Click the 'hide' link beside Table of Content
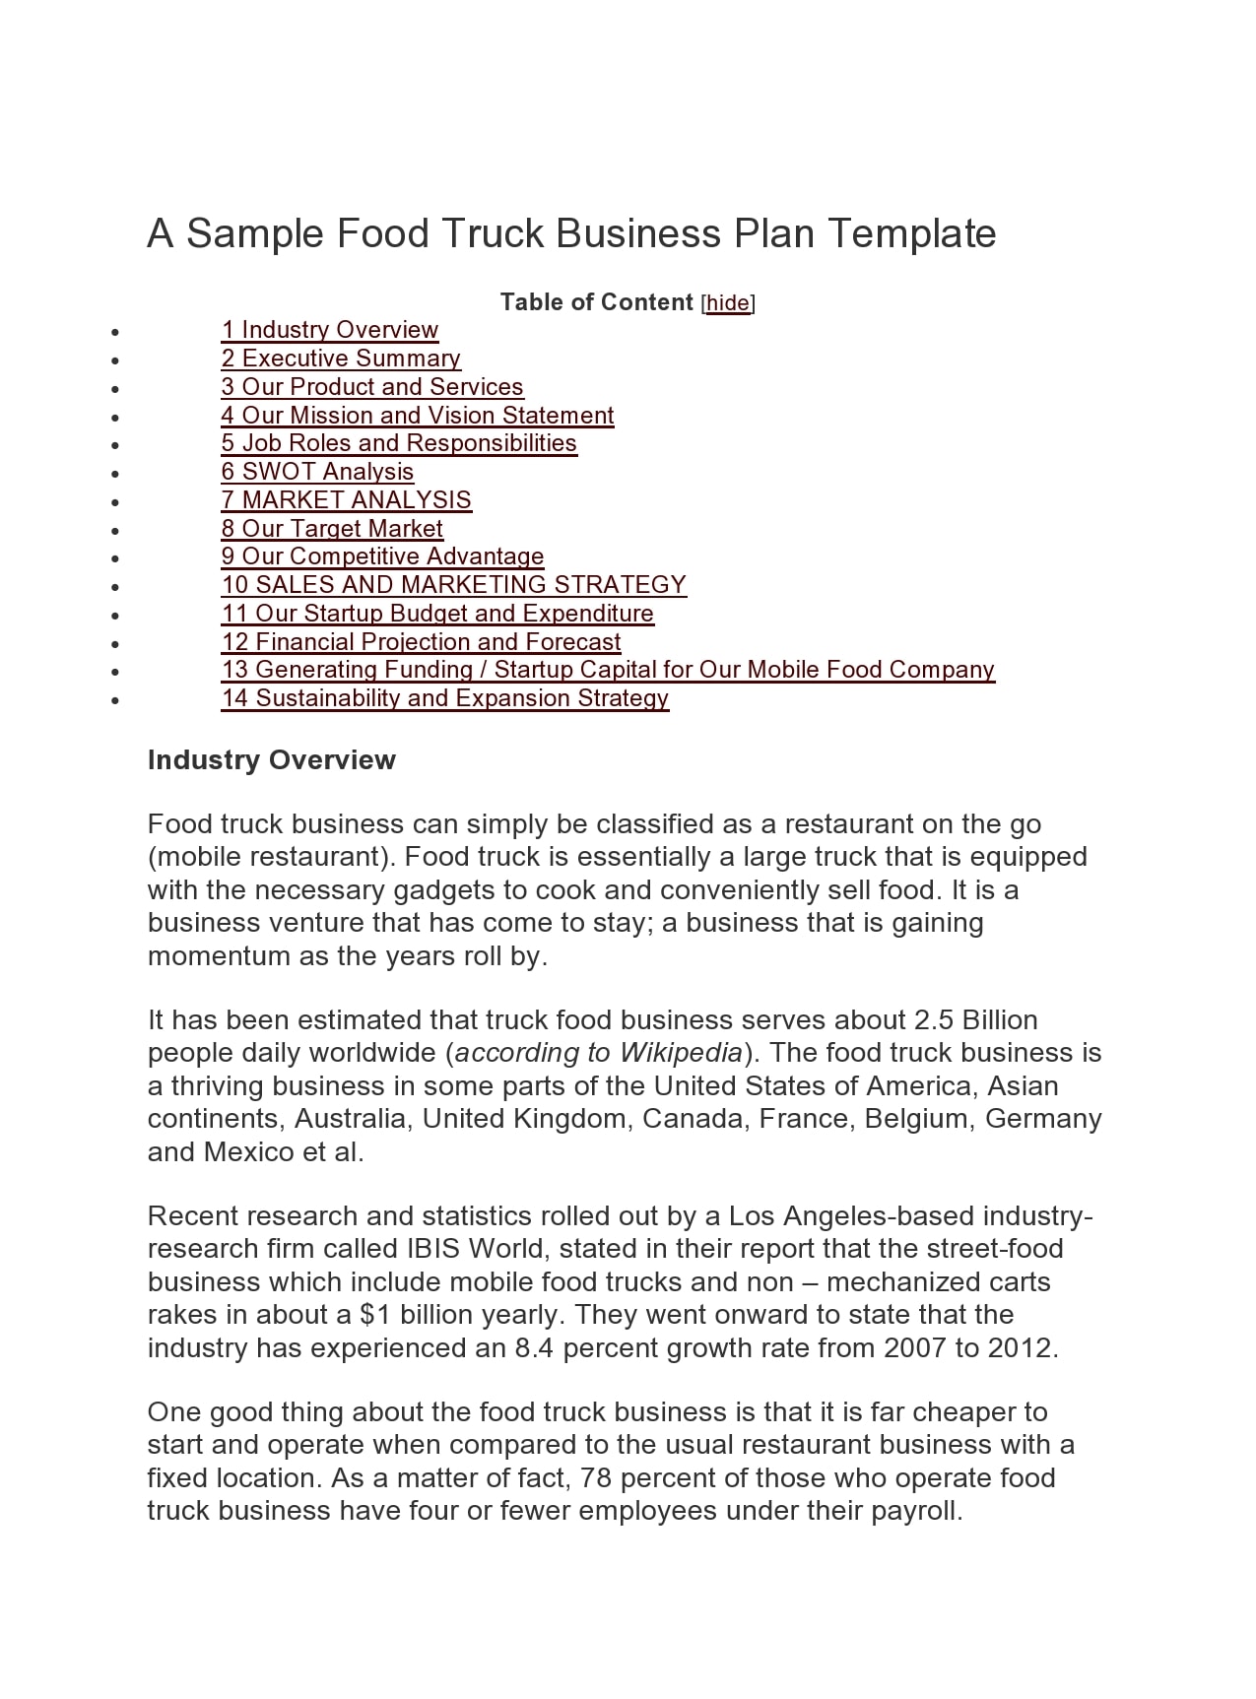[728, 303]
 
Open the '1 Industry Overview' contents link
[330, 330]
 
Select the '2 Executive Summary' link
[341, 359]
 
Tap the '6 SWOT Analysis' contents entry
[317, 472]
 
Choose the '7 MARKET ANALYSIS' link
[346, 500]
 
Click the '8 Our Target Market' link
[332, 529]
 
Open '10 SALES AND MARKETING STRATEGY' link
[453, 585]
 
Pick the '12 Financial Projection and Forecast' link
[421, 642]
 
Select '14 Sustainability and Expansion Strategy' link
[444, 698]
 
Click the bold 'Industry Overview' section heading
[271, 760]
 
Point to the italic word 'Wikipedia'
[681, 1053]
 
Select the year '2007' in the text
[915, 1348]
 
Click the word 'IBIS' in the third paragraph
[433, 1249]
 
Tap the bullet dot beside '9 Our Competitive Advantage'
[116, 558]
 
